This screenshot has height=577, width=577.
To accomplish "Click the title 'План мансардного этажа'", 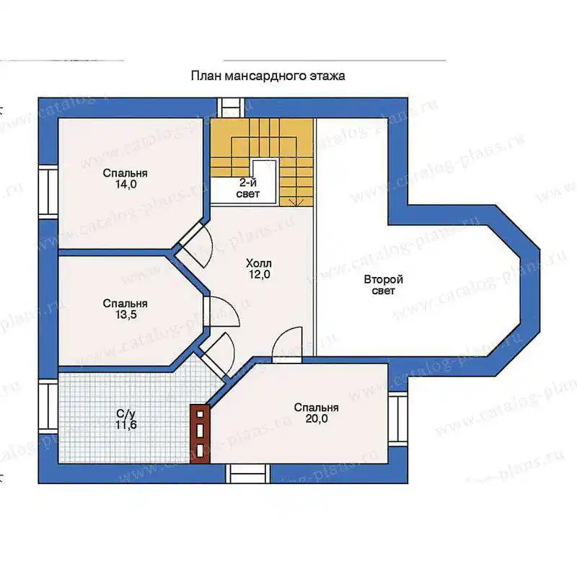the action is click(x=268, y=76).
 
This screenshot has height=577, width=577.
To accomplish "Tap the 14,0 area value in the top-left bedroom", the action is click(x=125, y=184).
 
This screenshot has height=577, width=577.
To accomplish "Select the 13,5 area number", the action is click(x=125, y=314).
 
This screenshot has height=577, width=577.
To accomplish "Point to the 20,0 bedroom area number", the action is click(x=317, y=418).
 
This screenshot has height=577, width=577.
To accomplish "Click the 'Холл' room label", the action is click(x=259, y=263).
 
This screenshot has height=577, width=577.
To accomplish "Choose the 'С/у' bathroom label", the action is click(x=125, y=415).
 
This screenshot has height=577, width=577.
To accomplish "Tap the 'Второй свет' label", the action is click(x=384, y=285).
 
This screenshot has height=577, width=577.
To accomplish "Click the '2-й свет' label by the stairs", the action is click(x=248, y=188).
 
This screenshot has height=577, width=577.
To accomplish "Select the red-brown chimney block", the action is click(x=200, y=433).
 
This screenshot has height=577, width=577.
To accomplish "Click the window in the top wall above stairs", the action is click(x=231, y=107).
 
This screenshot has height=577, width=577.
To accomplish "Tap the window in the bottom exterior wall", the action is click(x=247, y=474).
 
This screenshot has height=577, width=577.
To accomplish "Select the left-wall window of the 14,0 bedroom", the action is click(x=48, y=192).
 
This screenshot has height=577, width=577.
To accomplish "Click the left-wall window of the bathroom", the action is click(x=48, y=407).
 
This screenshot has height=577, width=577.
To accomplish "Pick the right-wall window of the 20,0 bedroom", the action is click(x=398, y=419).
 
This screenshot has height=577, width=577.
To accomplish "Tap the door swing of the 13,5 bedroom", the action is click(x=222, y=312).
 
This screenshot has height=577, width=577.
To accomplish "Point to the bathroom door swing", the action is click(x=218, y=356).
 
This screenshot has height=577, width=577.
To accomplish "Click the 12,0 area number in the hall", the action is click(x=259, y=275).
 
